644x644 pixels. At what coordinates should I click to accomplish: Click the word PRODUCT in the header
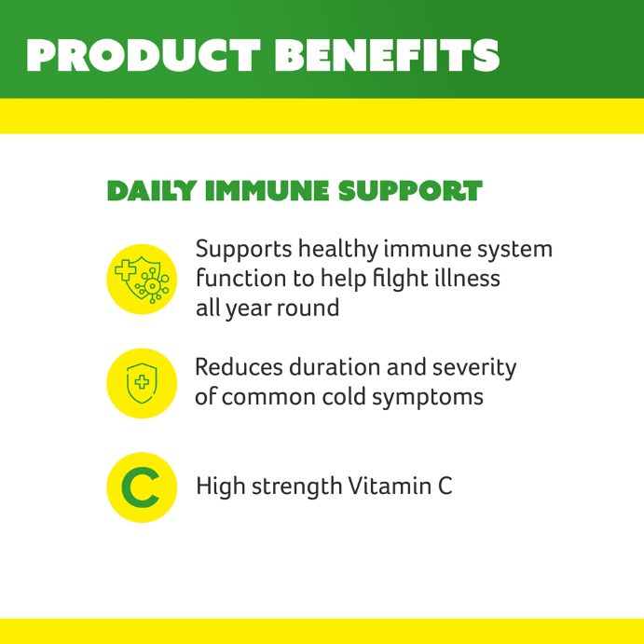coord(144,55)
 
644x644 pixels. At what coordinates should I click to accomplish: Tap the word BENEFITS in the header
coord(387,55)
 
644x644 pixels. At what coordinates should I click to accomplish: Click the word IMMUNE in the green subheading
coord(267,191)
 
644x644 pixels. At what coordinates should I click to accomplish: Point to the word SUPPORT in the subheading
coord(410,191)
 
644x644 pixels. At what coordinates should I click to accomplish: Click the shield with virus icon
coord(142,280)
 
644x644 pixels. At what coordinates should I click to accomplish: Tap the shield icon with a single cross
coord(142,383)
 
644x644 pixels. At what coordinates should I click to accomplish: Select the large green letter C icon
coord(141,487)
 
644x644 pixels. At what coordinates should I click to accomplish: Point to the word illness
coord(466,278)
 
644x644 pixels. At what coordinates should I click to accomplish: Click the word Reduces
coord(239,367)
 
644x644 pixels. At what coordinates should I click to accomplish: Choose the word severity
coord(474,367)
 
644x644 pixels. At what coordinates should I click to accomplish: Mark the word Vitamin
coord(390,486)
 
